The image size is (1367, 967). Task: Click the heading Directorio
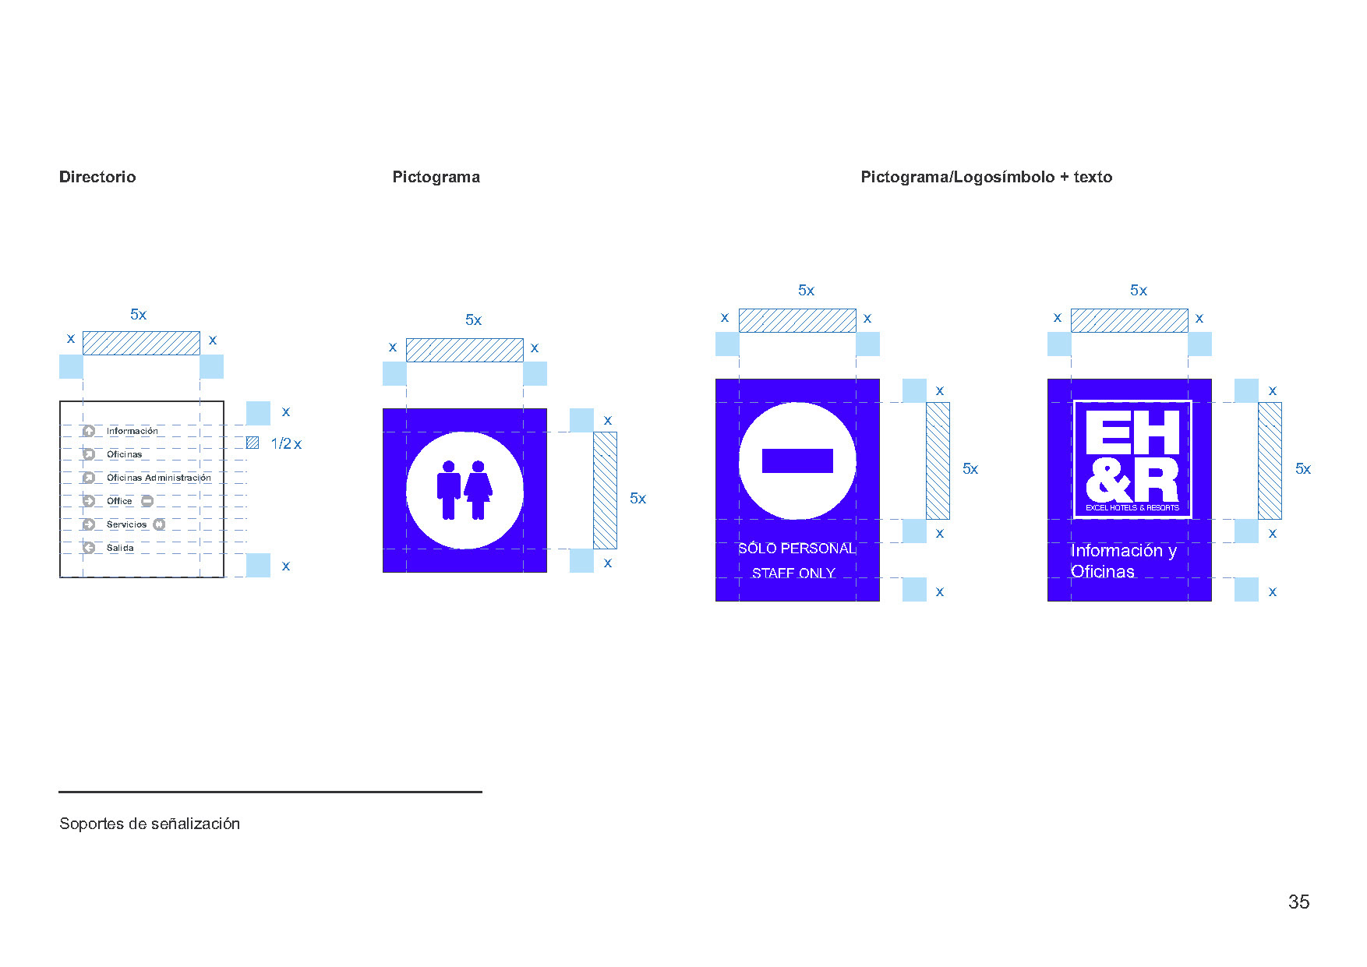tap(97, 177)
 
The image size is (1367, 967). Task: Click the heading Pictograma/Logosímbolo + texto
tap(986, 177)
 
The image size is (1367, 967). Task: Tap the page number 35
tap(1298, 902)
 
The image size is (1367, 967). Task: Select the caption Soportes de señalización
tap(150, 824)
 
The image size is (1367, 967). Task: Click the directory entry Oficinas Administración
tap(159, 478)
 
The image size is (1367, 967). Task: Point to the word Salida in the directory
tap(120, 548)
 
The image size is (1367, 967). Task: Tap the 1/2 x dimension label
tap(285, 443)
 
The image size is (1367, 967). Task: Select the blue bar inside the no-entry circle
tap(797, 461)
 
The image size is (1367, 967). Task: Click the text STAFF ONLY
tap(793, 573)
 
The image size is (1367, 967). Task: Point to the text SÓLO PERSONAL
tap(797, 549)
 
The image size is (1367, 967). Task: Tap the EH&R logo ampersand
tap(1107, 481)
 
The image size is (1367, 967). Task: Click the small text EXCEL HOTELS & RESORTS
tap(1132, 507)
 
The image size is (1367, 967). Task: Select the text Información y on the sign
tap(1123, 550)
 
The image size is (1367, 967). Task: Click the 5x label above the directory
tap(138, 314)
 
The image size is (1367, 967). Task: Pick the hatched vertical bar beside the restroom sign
tap(605, 490)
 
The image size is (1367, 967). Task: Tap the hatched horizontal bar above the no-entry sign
tap(797, 320)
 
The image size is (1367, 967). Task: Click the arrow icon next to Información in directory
tap(89, 431)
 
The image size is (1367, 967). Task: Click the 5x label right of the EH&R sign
tap(1302, 468)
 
